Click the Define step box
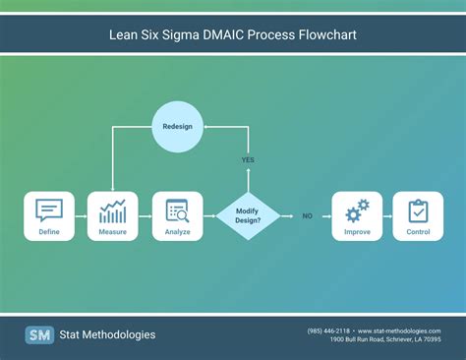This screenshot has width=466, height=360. pos(49,216)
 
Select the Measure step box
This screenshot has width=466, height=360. pos(112,216)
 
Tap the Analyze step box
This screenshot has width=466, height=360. pos(177,216)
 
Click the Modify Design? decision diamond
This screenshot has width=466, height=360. pos(248,216)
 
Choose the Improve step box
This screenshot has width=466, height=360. pos(356,216)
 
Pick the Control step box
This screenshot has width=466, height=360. pos(418,216)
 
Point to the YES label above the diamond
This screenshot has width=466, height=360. pos(248,159)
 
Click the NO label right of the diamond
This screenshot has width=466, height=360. pos(307,216)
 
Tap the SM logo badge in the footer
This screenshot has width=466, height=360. pos(39,334)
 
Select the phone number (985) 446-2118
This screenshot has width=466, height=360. pos(327,330)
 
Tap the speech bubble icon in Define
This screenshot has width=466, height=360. pos(49,210)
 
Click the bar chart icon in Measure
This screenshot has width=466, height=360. pos(112,210)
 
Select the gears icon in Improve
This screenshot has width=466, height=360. pos(356,210)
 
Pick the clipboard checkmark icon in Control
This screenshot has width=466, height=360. pos(418,210)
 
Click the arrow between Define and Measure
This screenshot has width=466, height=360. pos(81,216)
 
